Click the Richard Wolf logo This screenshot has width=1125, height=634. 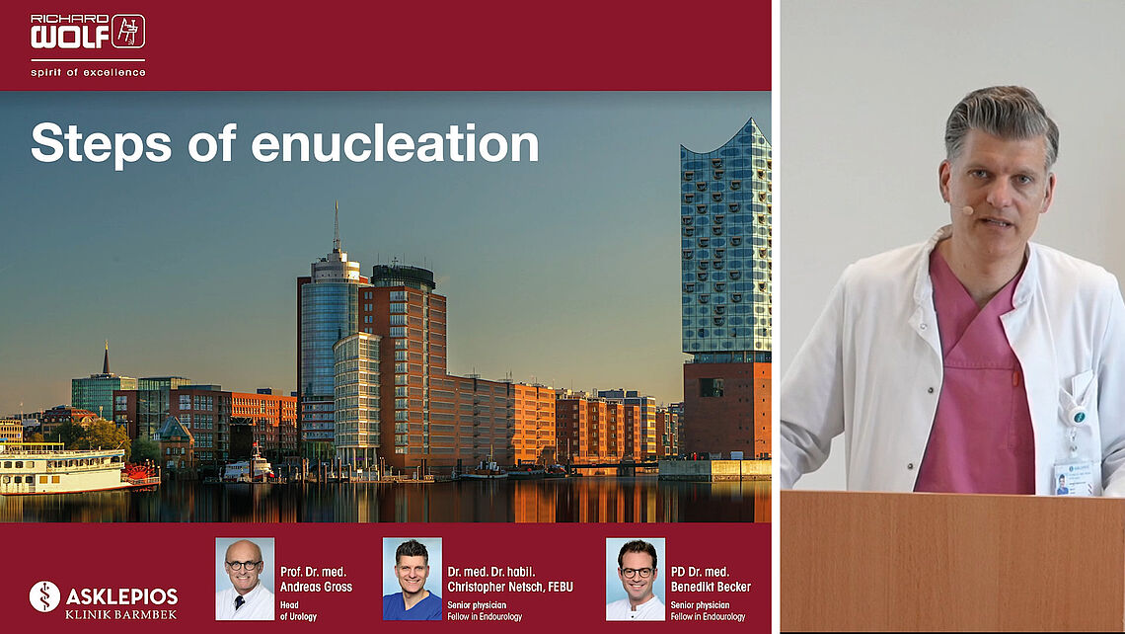click(88, 32)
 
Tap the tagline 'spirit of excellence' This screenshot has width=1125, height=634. click(88, 72)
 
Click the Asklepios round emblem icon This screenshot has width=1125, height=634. click(44, 596)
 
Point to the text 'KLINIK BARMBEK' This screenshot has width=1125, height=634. click(120, 614)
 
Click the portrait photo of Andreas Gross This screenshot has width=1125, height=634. click(245, 579)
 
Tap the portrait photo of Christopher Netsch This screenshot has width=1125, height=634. click(412, 579)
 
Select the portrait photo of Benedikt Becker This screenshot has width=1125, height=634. click(635, 579)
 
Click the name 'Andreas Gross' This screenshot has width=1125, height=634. click(316, 587)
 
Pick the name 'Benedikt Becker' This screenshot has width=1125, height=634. click(711, 587)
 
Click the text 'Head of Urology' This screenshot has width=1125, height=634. click(298, 611)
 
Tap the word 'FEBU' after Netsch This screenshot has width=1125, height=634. click(557, 587)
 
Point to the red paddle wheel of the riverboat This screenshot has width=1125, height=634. click(141, 472)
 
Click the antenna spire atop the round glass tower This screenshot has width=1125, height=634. click(336, 226)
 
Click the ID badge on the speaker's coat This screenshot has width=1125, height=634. click(1073, 477)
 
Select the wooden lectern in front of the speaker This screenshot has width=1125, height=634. click(953, 562)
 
